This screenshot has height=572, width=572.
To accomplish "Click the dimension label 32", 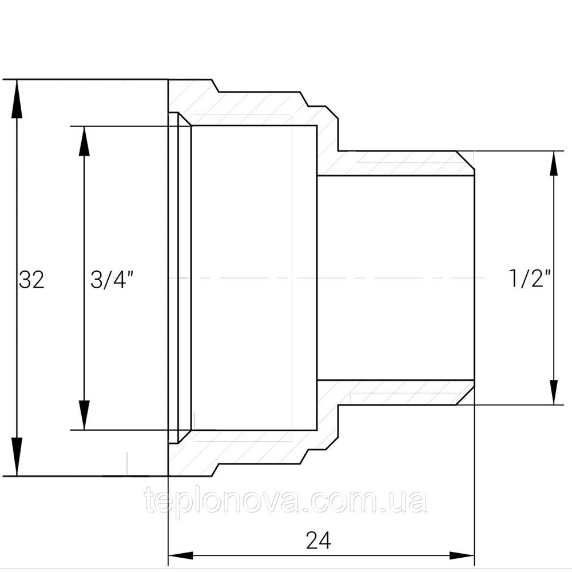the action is (31, 280).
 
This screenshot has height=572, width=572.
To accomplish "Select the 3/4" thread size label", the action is (112, 280).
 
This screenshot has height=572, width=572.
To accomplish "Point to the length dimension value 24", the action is (319, 541).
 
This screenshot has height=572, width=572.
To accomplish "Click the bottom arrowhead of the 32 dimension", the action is (17, 456).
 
